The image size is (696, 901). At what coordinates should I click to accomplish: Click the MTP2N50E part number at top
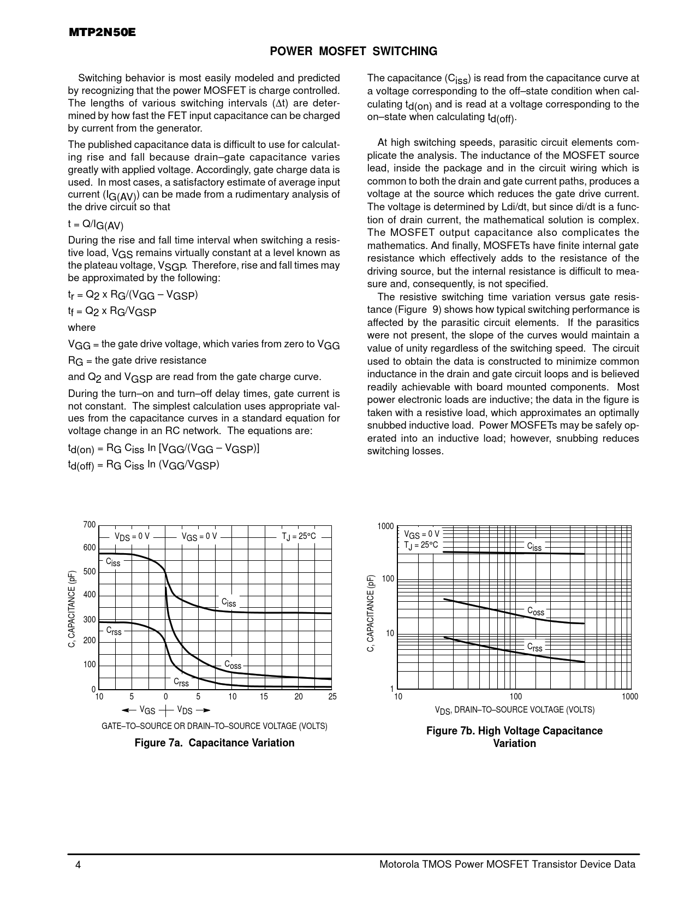(x=102, y=33)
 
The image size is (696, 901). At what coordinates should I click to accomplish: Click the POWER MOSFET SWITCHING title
(x=354, y=51)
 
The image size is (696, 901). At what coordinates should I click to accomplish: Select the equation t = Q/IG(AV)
(x=96, y=224)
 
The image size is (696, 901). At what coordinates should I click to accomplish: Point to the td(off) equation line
(x=144, y=465)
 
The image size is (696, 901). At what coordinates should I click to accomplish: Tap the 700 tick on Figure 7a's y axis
(x=90, y=525)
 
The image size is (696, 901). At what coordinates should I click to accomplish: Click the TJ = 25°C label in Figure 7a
(x=299, y=536)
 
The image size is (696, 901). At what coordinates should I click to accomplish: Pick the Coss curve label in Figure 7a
(x=233, y=665)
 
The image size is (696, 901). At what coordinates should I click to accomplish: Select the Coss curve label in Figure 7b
(x=536, y=611)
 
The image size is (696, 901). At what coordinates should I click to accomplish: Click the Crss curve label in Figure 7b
(x=535, y=647)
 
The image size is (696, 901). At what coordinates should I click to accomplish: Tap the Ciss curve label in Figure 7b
(x=534, y=547)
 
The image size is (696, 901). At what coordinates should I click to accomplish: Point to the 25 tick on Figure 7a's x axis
(x=332, y=697)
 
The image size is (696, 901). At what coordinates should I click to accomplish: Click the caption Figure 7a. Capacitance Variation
(x=215, y=743)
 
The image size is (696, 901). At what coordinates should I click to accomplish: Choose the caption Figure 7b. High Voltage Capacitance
(x=514, y=731)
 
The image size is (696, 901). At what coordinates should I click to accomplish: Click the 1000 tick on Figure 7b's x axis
(x=630, y=697)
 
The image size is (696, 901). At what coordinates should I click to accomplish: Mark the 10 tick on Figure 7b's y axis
(x=390, y=634)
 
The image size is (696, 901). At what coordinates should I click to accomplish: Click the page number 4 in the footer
(x=79, y=864)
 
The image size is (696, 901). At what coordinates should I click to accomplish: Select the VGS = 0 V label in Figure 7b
(x=421, y=534)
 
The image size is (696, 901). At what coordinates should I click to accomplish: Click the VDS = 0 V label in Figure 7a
(x=132, y=536)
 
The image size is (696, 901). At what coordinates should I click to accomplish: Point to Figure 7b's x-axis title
(x=514, y=710)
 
